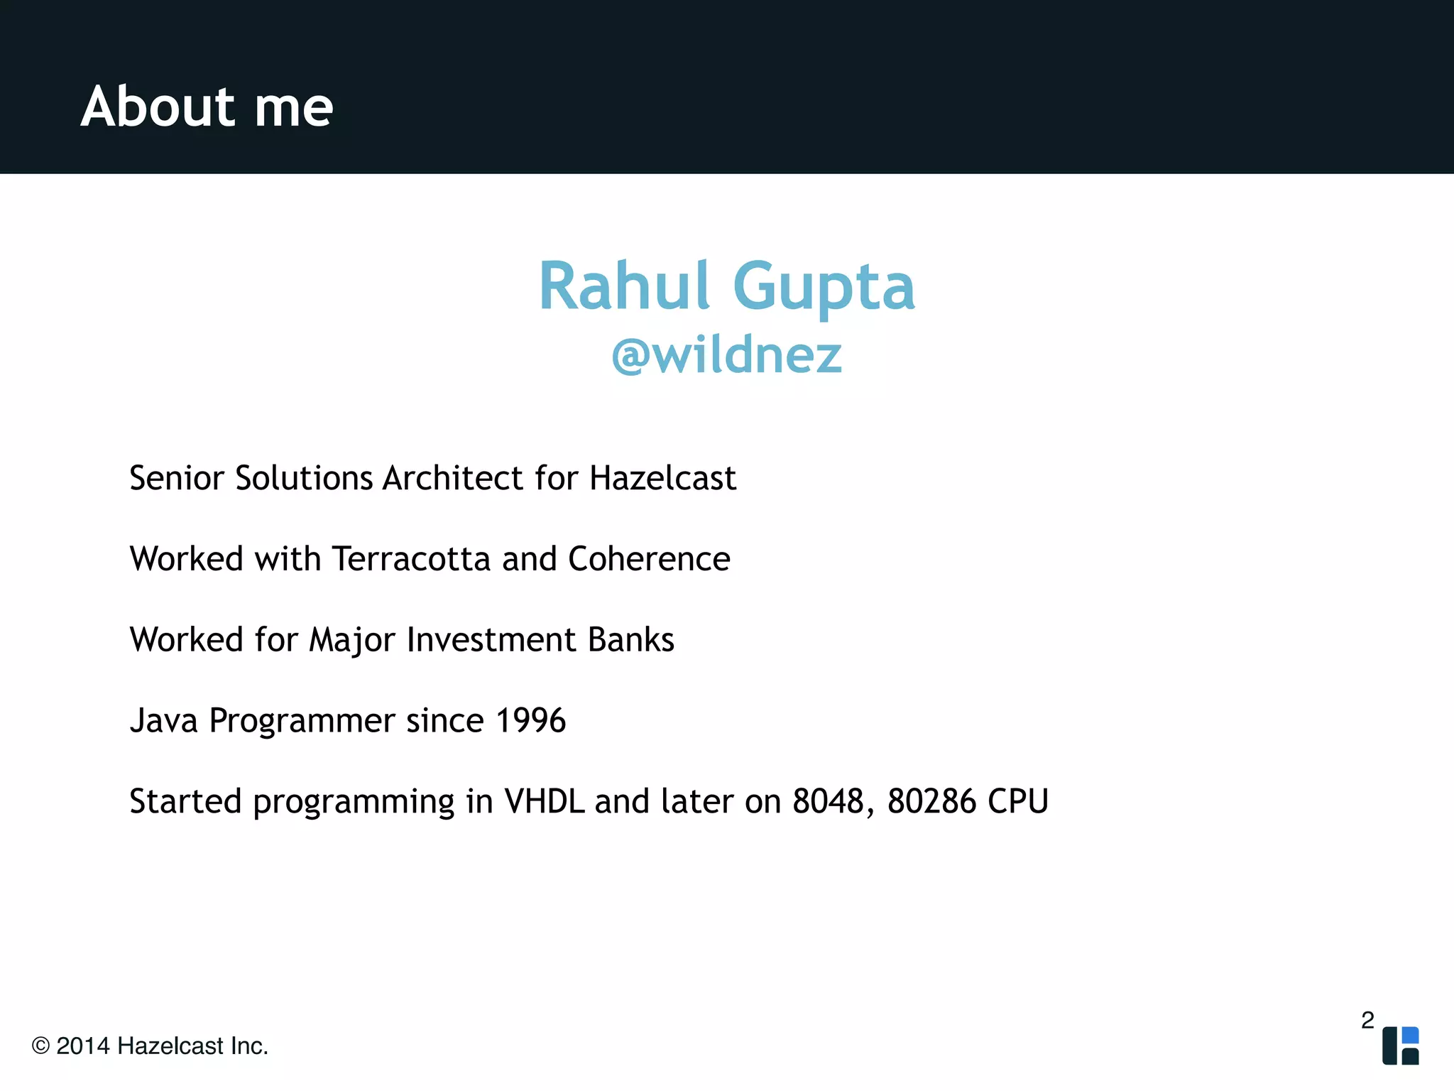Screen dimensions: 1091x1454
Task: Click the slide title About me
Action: coord(207,107)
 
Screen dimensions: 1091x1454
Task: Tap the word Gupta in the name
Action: coord(824,288)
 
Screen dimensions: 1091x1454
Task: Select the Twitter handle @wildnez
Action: coord(726,354)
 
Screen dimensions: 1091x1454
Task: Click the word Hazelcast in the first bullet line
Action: coord(662,478)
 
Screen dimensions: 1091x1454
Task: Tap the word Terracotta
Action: coord(411,559)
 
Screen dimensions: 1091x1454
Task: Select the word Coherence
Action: coord(649,559)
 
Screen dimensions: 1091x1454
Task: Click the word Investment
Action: coord(491,640)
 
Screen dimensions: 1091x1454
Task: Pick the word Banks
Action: coord(631,640)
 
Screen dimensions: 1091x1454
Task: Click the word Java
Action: coord(163,721)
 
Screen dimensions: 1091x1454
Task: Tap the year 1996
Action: coord(530,721)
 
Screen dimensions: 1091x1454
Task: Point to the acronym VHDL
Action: coord(545,802)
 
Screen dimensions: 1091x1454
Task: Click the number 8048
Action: coord(828,802)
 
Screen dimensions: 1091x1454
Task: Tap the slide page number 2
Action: coord(1367,1020)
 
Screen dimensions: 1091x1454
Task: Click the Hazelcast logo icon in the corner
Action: coord(1400,1046)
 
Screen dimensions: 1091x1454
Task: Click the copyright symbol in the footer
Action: coord(40,1046)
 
